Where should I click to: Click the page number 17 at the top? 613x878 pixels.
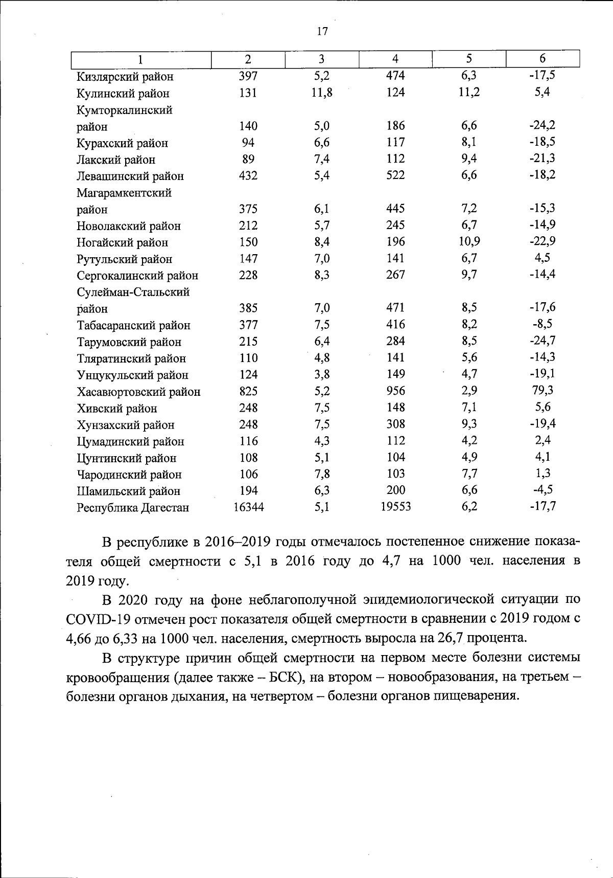tap(322, 32)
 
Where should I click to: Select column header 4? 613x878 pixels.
tap(395, 59)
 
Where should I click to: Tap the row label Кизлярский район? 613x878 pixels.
tap(125, 77)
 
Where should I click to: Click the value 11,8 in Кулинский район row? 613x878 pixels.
tap(322, 93)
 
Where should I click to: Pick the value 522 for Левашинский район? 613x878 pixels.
tap(395, 175)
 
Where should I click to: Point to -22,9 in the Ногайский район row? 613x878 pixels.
tap(542, 241)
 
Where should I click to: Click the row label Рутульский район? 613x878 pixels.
tap(124, 259)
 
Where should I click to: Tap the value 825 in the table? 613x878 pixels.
tap(248, 392)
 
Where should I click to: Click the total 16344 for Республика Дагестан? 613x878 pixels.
tap(248, 507)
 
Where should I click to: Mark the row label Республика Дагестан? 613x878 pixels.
tap(133, 508)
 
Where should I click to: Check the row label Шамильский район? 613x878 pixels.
tap(128, 491)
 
